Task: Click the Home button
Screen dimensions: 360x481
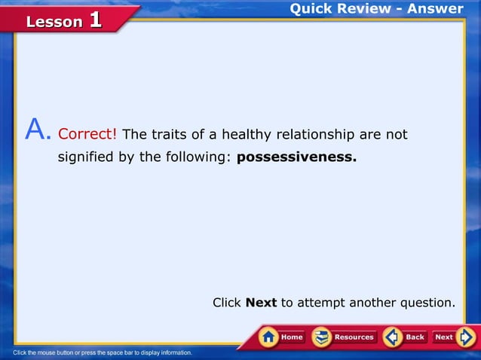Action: (x=281, y=337)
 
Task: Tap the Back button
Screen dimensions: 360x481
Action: (x=406, y=337)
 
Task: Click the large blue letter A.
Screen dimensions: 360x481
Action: (x=37, y=130)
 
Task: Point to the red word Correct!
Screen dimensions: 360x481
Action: (x=87, y=135)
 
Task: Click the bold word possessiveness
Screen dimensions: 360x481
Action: (x=296, y=158)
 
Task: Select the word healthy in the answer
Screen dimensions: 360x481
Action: (x=247, y=135)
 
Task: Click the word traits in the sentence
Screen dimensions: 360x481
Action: (x=167, y=135)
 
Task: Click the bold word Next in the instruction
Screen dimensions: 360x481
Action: (x=262, y=303)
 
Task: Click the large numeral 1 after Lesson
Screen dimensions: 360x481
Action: (x=95, y=20)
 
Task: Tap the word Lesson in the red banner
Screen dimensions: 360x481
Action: (x=54, y=22)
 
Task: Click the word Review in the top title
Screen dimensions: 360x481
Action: (x=363, y=9)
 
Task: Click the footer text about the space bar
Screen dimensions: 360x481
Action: (x=103, y=352)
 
